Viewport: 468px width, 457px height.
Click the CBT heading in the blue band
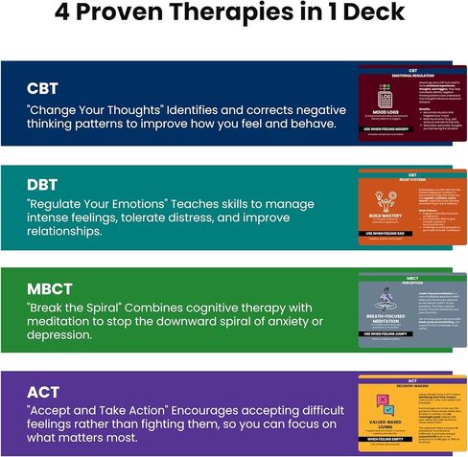(x=42, y=88)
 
